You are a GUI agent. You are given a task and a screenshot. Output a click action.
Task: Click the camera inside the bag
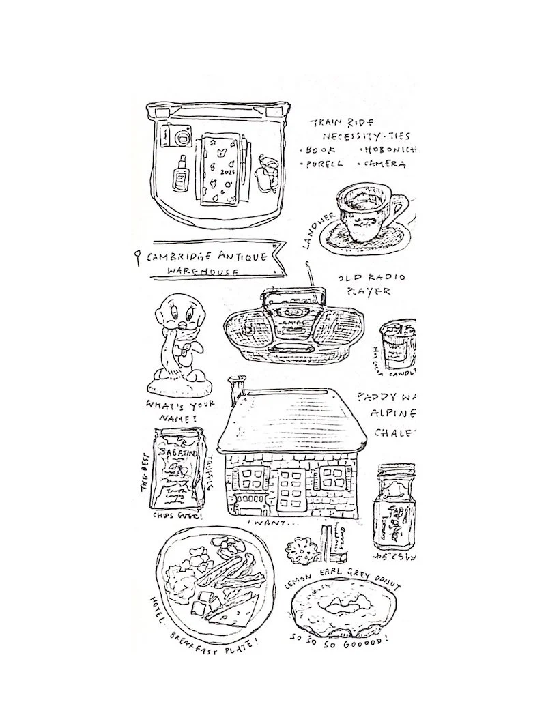177,136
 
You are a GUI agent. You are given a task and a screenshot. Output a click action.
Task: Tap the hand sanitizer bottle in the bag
181,175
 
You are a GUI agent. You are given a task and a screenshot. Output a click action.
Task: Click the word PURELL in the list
324,164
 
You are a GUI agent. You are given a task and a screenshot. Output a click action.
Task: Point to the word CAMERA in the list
385,164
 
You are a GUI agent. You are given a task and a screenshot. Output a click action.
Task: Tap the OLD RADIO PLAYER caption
371,285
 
